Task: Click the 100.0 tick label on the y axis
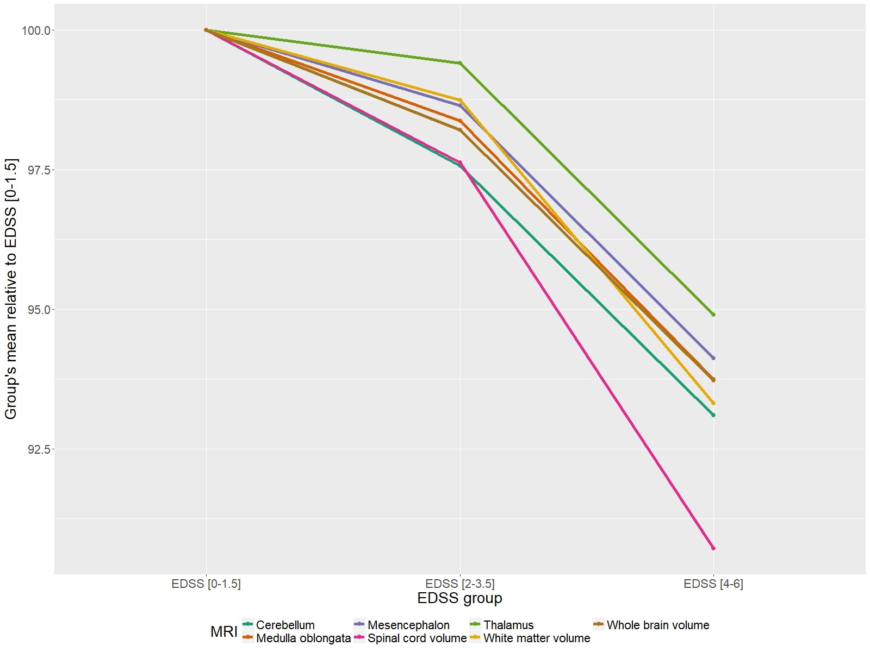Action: coord(36,30)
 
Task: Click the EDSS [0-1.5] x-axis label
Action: coord(206,584)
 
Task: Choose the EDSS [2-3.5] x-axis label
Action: coord(460,584)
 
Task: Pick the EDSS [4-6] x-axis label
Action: coord(713,584)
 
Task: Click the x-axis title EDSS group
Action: coord(459,598)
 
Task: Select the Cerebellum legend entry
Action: coord(285,625)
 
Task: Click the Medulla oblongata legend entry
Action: coord(303,638)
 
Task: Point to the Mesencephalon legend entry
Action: coord(408,625)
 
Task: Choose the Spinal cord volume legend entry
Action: coord(417,638)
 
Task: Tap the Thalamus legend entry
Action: coord(508,625)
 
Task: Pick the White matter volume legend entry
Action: coord(536,638)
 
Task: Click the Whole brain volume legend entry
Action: coord(657,625)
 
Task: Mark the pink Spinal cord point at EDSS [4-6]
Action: coord(713,548)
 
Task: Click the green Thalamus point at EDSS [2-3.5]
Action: coord(460,63)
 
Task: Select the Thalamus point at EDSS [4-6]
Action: coord(713,315)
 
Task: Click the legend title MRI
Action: coord(223,632)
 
